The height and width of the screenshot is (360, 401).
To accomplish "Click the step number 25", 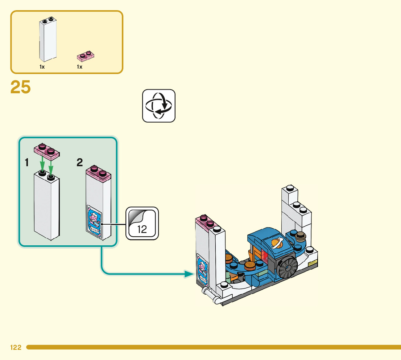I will (21, 87).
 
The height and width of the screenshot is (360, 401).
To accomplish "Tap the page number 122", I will (16, 347).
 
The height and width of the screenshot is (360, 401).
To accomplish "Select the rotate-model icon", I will (159, 106).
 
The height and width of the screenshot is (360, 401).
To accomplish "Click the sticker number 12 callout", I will (142, 224).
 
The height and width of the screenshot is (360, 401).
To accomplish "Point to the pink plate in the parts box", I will (86, 56).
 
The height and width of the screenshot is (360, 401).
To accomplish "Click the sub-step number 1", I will (27, 163).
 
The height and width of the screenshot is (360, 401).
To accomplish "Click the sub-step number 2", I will (80, 163).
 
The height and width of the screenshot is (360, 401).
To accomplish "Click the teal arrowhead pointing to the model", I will (189, 274).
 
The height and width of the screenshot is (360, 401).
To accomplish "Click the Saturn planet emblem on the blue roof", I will (277, 242).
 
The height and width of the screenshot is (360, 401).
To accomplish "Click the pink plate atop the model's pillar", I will (205, 222).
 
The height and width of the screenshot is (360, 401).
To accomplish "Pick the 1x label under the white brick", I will (42, 67).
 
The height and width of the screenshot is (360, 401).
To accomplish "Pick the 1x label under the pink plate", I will (80, 67).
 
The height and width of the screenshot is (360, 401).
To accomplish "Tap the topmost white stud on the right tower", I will (289, 188).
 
